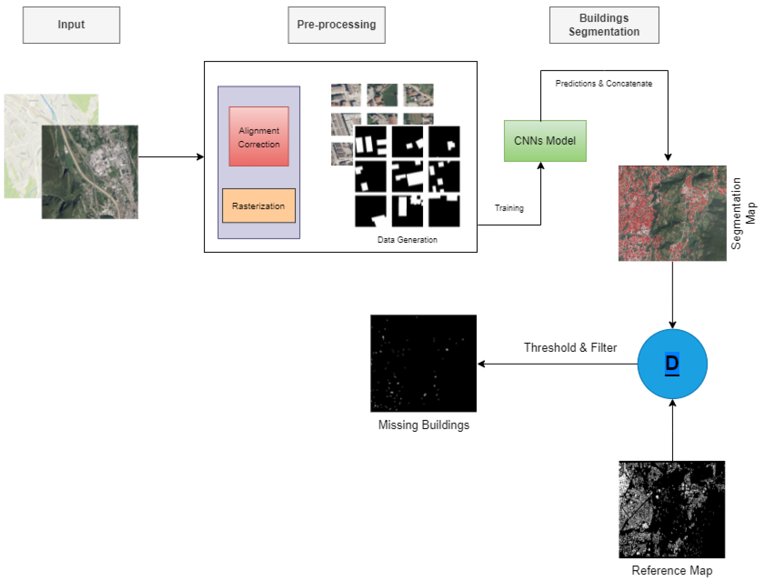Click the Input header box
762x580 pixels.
click(71, 25)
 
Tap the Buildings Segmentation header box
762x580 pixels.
click(604, 25)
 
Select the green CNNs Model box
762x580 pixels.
click(545, 141)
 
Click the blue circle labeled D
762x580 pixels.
click(672, 364)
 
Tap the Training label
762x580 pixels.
click(509, 208)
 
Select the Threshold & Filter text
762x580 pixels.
click(570, 347)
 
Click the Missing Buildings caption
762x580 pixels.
click(424, 425)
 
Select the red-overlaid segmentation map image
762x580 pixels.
click(672, 213)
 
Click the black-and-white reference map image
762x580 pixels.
click(672, 509)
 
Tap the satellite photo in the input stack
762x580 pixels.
click(90, 172)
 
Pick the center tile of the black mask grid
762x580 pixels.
click(407, 176)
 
